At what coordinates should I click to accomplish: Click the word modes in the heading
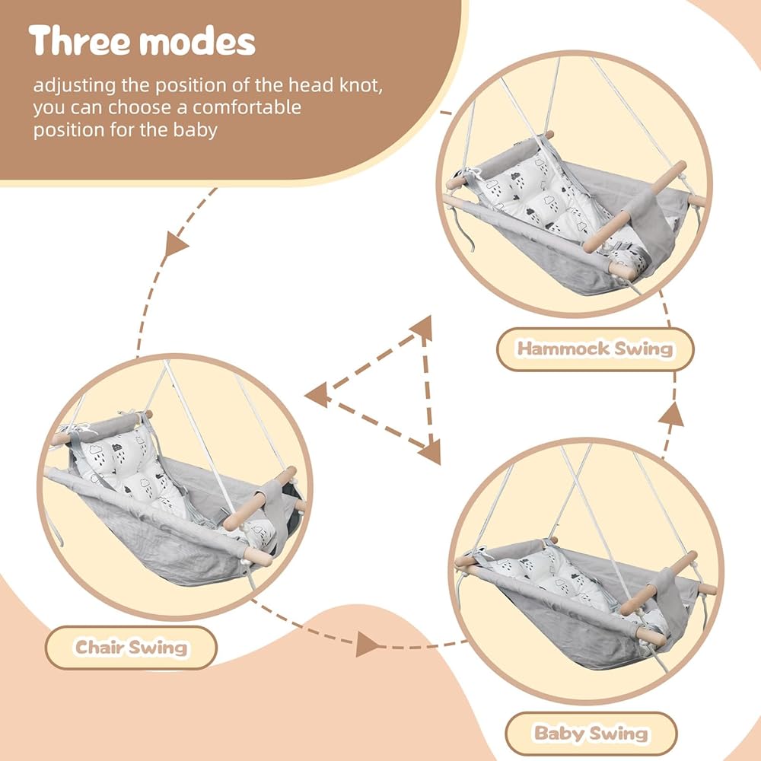(197, 41)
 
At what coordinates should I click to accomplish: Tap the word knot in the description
(361, 85)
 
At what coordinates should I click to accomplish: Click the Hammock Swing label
(595, 349)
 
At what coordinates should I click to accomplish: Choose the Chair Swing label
(131, 648)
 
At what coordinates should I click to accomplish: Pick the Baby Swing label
(591, 734)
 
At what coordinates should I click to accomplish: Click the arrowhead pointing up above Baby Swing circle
(671, 414)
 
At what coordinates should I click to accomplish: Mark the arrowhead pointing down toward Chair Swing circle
(175, 244)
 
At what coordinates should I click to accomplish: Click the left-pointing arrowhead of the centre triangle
(318, 394)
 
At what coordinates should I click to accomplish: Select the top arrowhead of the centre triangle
(422, 327)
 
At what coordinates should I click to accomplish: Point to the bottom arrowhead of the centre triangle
(431, 451)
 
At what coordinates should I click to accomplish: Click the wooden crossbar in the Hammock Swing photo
(635, 207)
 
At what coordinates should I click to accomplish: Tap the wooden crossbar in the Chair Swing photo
(260, 498)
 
